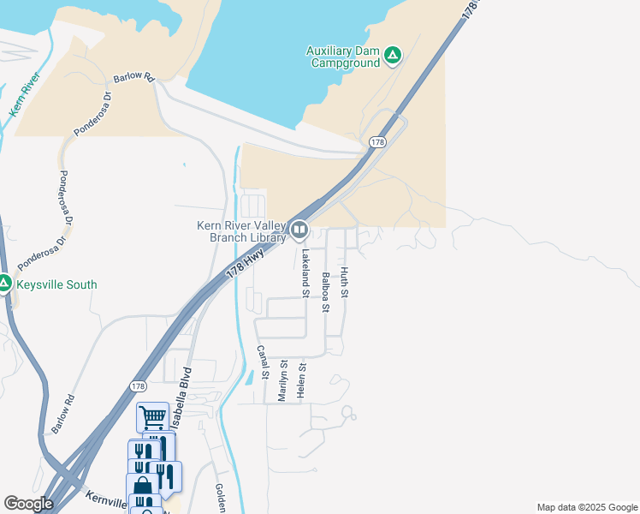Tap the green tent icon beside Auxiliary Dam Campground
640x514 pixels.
tap(393, 57)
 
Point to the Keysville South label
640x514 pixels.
tap(57, 284)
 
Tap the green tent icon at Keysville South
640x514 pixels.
tap(4, 284)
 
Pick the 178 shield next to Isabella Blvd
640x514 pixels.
tap(138, 386)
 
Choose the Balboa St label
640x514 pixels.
tap(325, 291)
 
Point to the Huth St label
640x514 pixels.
tap(345, 283)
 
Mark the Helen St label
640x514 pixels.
tap(301, 379)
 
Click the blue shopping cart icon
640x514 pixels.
tap(153, 417)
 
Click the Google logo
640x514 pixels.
tap(28, 504)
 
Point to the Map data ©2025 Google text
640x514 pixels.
tap(586, 507)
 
